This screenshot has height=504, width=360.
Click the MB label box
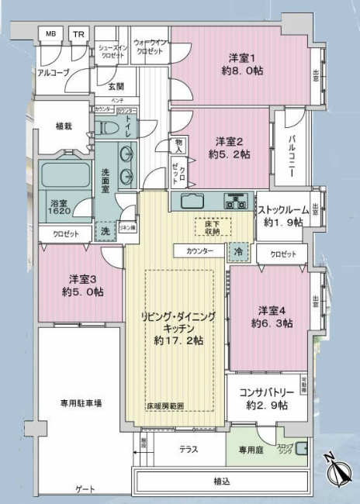tap(50, 34)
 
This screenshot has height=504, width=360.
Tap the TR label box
tap(78, 34)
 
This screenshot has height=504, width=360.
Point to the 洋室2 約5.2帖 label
tap(229, 147)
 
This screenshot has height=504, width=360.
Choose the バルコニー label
tap(291, 156)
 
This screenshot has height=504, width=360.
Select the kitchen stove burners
tap(235, 201)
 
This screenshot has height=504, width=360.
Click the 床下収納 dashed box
tap(207, 226)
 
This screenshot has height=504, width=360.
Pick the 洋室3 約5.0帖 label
tap(81, 285)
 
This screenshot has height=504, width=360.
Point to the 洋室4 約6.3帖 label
tap(272, 316)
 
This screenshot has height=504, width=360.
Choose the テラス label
tap(189, 449)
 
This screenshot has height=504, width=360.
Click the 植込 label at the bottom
tap(223, 481)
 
